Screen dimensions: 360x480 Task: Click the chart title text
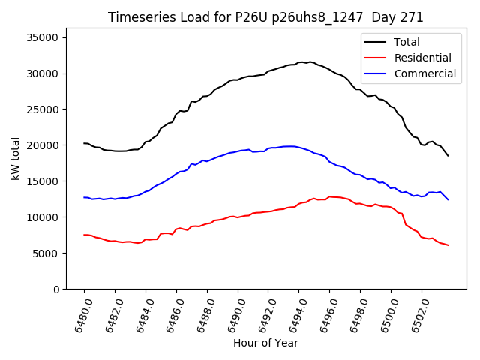265,17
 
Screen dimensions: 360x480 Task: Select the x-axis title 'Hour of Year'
265,343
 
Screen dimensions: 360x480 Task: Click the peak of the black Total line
309,62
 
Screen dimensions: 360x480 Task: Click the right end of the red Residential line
448,245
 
